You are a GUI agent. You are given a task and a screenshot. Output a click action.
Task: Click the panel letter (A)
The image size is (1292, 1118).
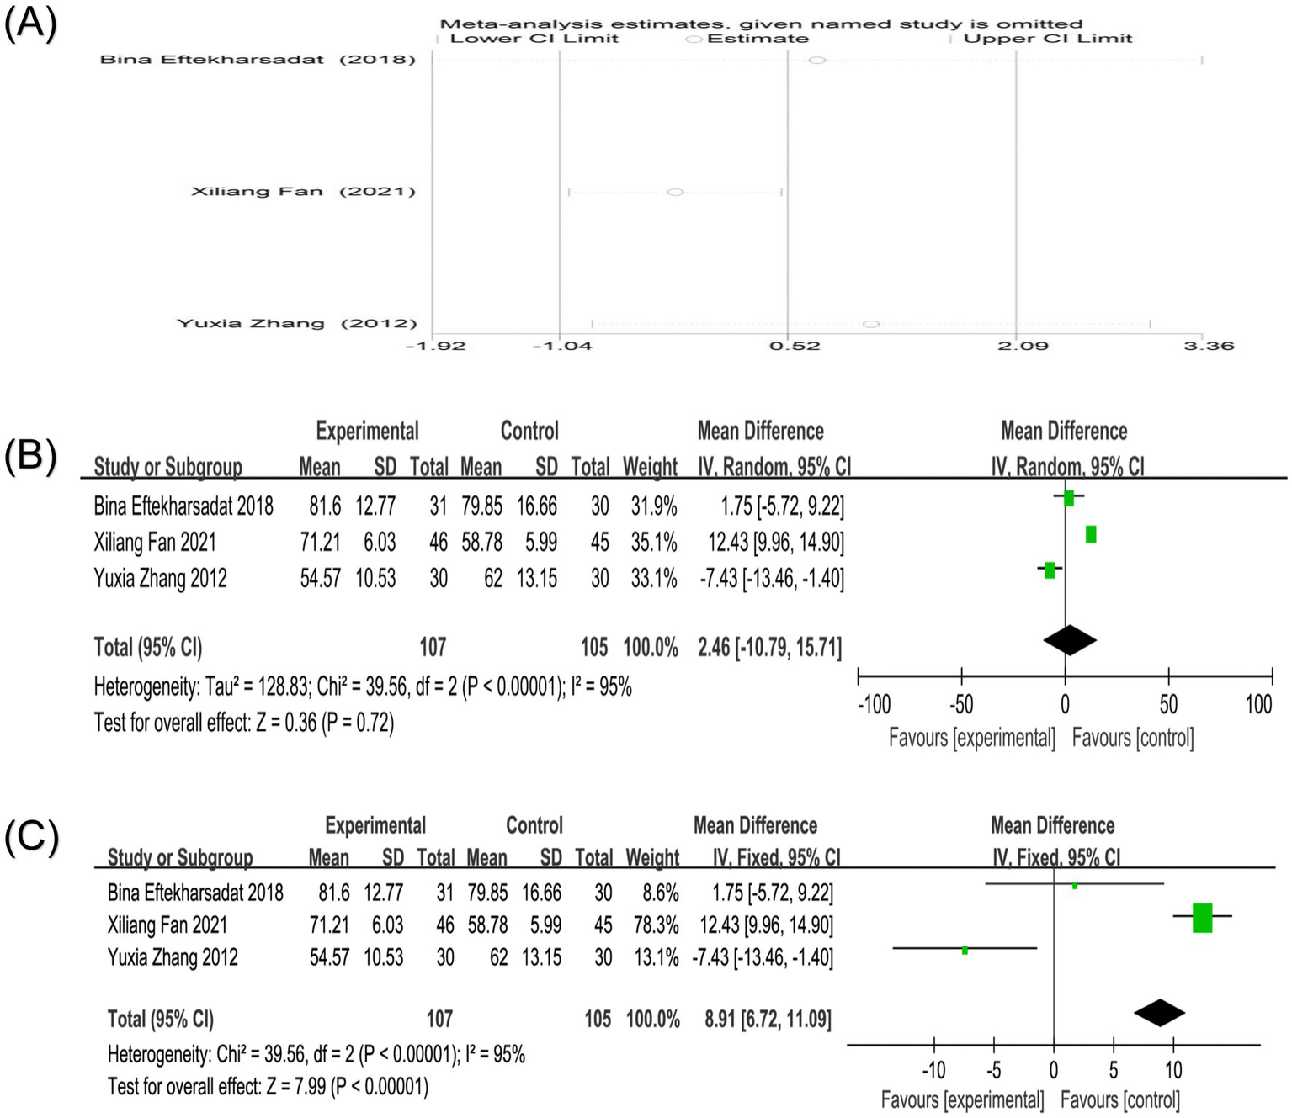pyautogui.click(x=30, y=23)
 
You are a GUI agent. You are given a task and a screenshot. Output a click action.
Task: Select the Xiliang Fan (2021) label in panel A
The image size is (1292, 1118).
pyautogui.click(x=303, y=192)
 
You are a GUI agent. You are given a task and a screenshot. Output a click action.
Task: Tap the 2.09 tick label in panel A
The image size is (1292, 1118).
pyautogui.click(x=1023, y=345)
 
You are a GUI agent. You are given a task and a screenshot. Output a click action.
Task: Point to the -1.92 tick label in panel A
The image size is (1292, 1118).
pyautogui.click(x=435, y=345)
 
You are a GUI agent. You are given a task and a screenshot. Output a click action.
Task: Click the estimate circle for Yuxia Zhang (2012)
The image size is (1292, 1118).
pyautogui.click(x=871, y=324)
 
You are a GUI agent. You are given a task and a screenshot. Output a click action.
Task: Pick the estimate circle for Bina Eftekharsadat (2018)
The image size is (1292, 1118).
pyautogui.click(x=816, y=60)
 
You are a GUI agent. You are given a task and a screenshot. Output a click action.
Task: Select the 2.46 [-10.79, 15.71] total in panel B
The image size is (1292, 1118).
pyautogui.click(x=769, y=647)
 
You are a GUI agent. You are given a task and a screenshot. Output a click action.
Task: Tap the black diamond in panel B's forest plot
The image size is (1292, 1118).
pyautogui.click(x=1069, y=640)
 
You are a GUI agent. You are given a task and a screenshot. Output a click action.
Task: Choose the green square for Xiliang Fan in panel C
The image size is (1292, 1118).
pyautogui.click(x=1202, y=917)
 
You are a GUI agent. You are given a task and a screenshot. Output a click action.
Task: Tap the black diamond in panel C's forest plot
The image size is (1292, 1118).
pyautogui.click(x=1159, y=1012)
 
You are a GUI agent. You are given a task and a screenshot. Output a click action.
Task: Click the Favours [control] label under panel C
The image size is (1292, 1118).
pyautogui.click(x=1119, y=1099)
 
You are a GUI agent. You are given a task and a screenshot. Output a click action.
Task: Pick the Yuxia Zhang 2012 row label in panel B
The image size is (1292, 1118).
pyautogui.click(x=160, y=578)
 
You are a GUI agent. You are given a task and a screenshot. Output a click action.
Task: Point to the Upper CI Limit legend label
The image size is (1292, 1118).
pyautogui.click(x=1047, y=39)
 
